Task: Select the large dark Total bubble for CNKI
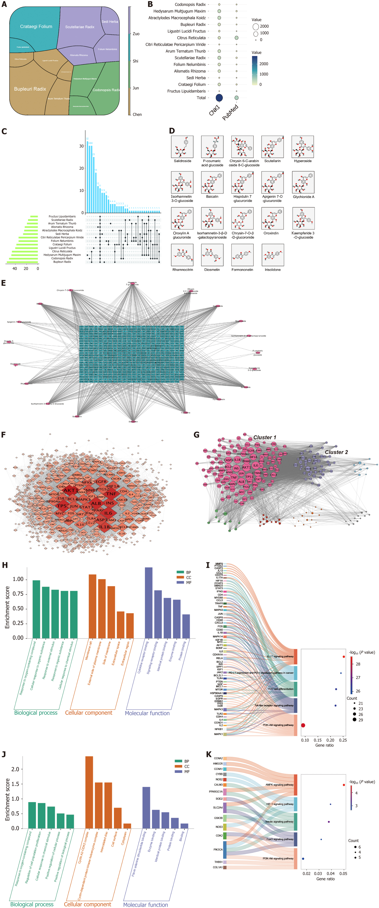219,98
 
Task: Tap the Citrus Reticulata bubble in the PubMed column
236,38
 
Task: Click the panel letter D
172,131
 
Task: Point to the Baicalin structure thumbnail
212,182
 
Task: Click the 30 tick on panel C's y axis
81,146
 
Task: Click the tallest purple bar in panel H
149,603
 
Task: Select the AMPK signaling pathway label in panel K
279,785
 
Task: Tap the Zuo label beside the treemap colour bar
136,34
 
